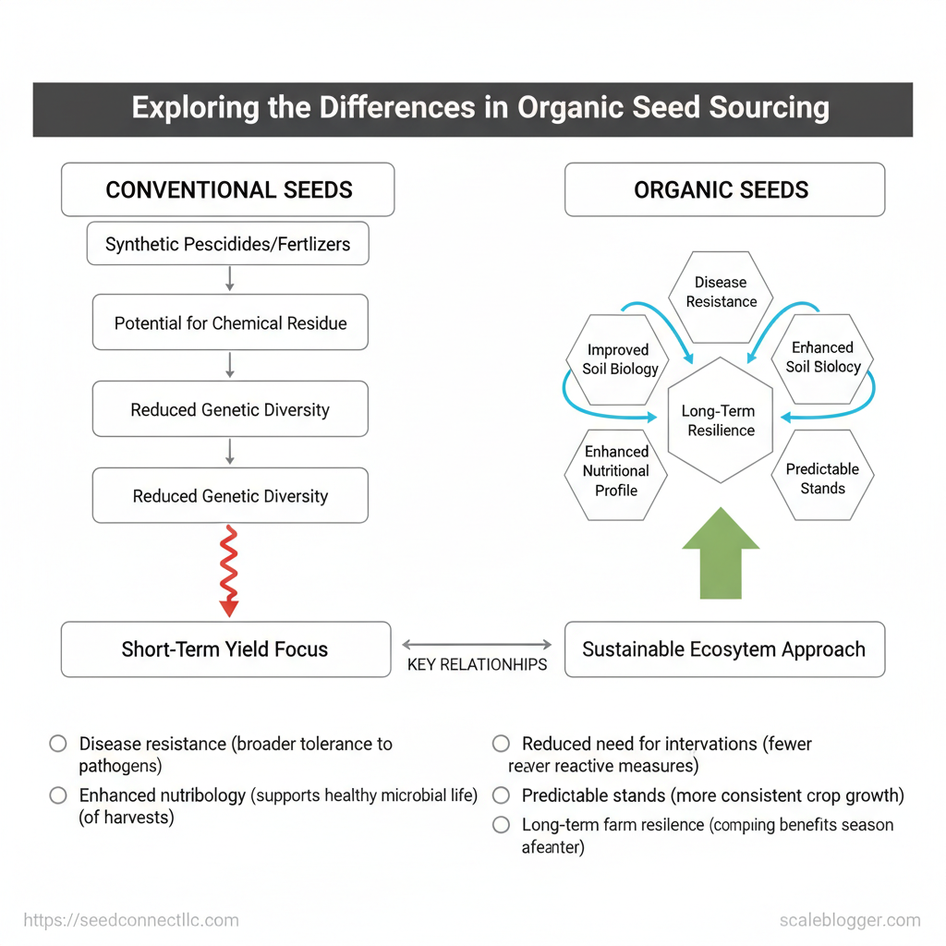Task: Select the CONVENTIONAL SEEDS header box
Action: point(228,190)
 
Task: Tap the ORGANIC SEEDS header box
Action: point(724,190)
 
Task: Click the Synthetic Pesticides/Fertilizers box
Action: point(228,245)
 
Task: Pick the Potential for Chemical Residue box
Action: point(230,323)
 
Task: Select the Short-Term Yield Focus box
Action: point(225,649)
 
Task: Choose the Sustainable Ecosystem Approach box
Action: point(724,649)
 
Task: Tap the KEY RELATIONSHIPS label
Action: point(477,664)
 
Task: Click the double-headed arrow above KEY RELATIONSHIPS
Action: point(477,644)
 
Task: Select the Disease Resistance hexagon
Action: point(721,292)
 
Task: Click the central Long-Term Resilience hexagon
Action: point(719,420)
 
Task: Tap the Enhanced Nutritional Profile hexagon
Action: point(616,471)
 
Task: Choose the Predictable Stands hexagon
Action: point(822,479)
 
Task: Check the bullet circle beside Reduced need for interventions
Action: point(502,744)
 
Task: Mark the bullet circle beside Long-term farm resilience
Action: point(502,825)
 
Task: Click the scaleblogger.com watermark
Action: point(849,920)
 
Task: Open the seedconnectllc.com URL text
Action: point(131,920)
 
